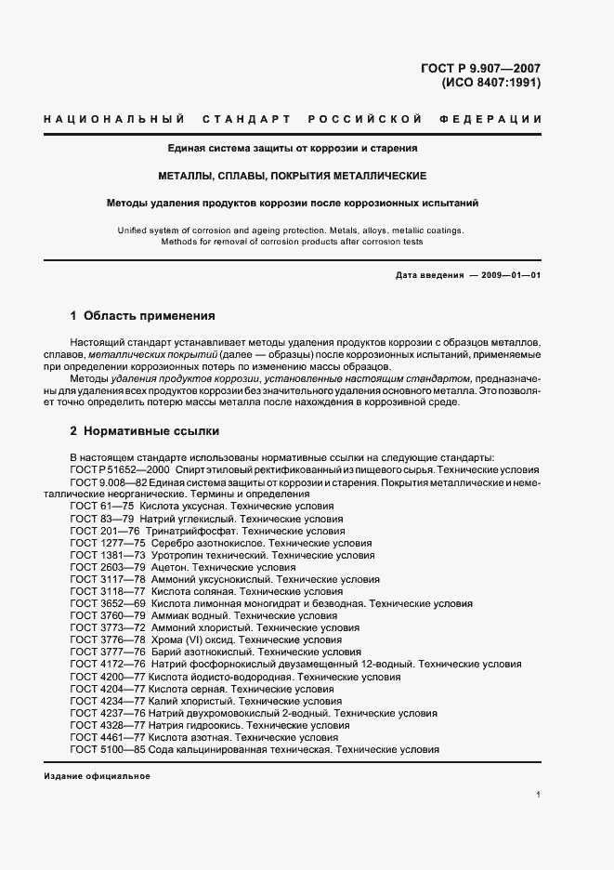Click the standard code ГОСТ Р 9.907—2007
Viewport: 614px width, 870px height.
coord(481,67)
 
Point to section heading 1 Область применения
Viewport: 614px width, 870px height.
coord(142,315)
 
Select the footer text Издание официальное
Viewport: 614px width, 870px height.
coord(97,776)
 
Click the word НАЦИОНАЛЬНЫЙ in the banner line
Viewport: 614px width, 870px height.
coord(105,120)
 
